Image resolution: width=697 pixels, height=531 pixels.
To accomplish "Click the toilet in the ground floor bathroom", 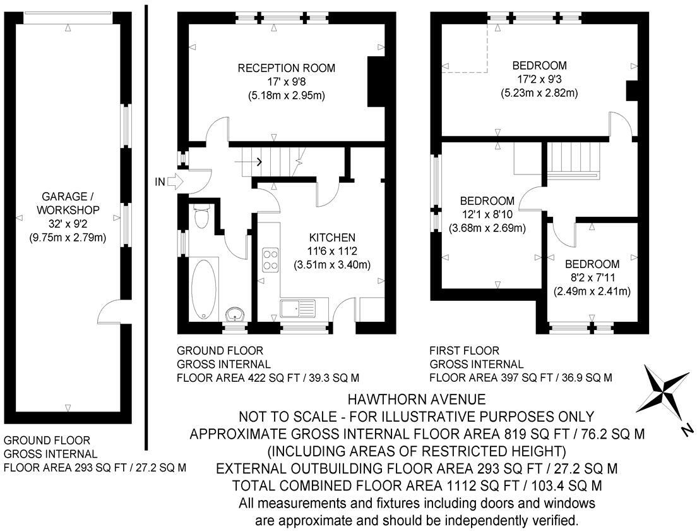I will [x=202, y=217].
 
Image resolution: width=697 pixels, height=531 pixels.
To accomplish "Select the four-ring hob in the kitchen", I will [x=271, y=259].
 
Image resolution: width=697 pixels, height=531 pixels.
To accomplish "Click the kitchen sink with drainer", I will [x=297, y=308].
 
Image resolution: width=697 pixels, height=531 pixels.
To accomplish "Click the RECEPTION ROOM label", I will [x=286, y=68].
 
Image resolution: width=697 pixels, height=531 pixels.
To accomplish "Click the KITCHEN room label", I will [x=331, y=238].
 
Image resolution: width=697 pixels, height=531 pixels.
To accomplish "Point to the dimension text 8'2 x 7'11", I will [x=592, y=278].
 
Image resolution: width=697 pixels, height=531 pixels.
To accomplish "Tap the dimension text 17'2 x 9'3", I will [x=540, y=79].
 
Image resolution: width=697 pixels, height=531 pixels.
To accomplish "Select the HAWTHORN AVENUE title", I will [x=417, y=400].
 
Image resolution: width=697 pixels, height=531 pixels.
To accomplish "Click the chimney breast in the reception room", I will [x=376, y=80].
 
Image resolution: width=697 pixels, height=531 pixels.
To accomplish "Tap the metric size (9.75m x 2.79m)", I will [x=68, y=238].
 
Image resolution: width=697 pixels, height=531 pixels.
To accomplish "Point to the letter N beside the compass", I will [x=686, y=431].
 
